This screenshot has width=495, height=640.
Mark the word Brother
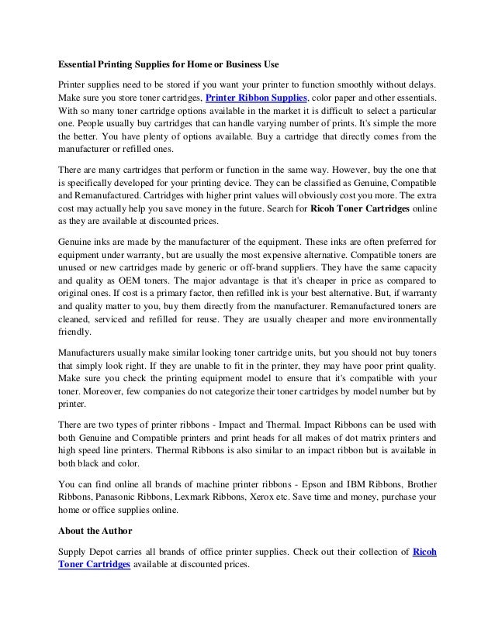coord(419,480)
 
